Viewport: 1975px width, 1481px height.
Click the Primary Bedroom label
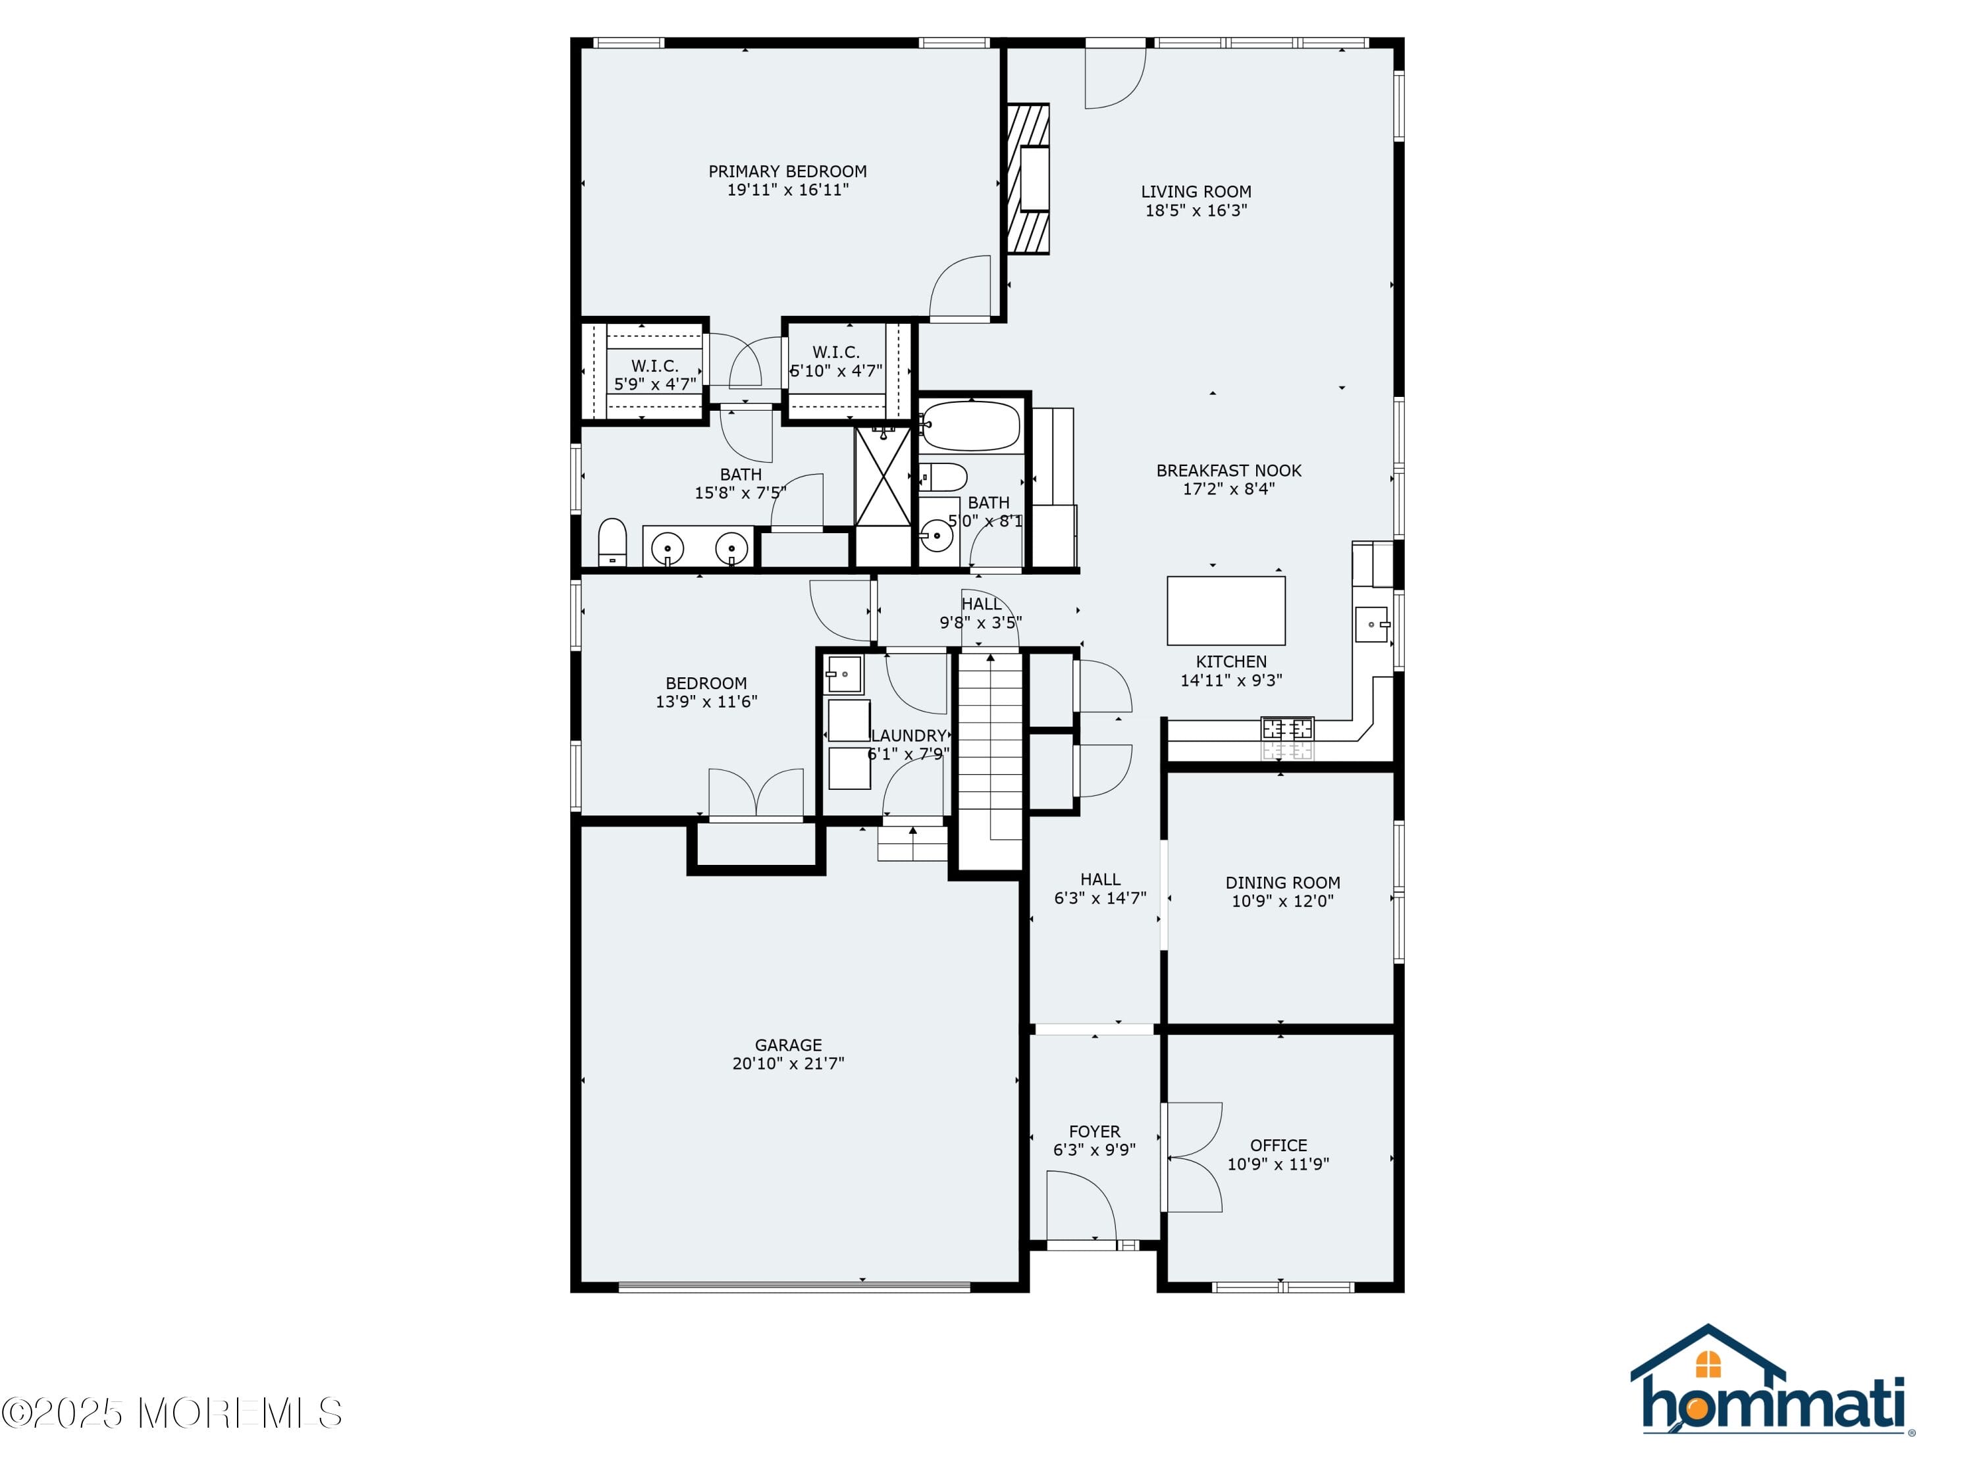787,171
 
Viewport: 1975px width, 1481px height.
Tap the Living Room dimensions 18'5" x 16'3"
1196,211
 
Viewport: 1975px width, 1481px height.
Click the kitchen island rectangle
1225,611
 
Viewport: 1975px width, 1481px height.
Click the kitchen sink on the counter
1371,624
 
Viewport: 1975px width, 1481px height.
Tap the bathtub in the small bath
970,426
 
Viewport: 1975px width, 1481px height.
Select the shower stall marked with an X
882,477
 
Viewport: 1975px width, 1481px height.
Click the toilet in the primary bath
612,541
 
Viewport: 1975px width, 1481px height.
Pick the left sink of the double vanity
667,546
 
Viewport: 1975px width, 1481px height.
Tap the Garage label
787,1045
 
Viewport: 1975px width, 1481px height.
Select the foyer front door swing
1080,1206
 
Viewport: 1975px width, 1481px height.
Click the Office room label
1278,1145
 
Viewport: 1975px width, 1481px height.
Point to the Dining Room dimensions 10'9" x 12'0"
1282,900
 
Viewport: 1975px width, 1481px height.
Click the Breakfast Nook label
1228,471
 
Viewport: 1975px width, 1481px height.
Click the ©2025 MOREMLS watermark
171,1413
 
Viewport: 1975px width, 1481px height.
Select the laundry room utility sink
844,675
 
